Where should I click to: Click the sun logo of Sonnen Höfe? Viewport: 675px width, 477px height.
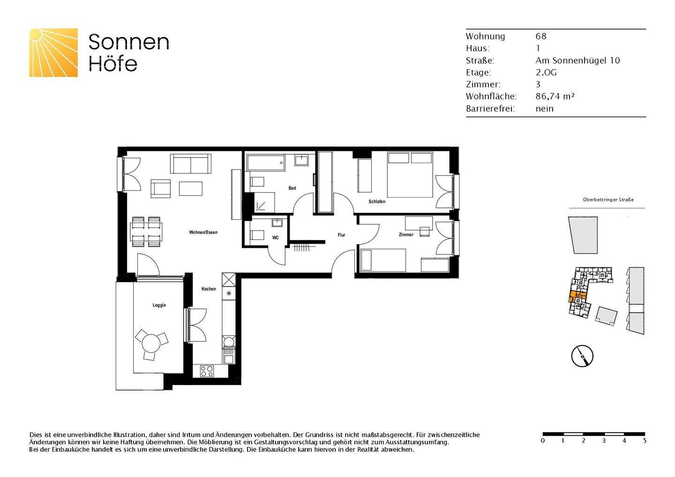point(53,52)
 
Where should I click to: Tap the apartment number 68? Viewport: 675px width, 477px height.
point(541,37)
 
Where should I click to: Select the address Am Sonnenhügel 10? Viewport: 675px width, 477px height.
point(577,60)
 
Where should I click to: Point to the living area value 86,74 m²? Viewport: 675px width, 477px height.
point(555,97)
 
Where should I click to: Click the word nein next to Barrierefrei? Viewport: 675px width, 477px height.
point(545,109)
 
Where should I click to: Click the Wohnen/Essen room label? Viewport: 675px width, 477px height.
point(203,232)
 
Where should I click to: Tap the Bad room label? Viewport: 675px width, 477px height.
point(292,188)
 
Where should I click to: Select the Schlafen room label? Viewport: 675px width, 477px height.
point(377,201)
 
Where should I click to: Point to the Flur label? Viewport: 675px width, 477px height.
point(341,235)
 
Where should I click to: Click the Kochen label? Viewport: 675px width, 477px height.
point(209,289)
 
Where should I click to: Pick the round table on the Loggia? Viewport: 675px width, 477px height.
point(151,343)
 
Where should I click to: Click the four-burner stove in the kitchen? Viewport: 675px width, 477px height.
point(207,371)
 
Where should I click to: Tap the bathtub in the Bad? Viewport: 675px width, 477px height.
point(266,163)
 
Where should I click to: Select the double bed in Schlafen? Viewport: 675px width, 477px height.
point(410,175)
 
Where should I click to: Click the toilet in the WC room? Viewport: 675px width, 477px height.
point(257,235)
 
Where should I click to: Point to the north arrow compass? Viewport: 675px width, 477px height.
point(582,356)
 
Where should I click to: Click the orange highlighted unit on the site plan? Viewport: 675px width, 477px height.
point(576,296)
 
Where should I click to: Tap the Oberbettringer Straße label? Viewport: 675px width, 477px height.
point(608,200)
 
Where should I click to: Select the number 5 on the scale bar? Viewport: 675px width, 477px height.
point(645,441)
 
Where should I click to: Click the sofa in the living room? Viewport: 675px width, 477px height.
point(190,164)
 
